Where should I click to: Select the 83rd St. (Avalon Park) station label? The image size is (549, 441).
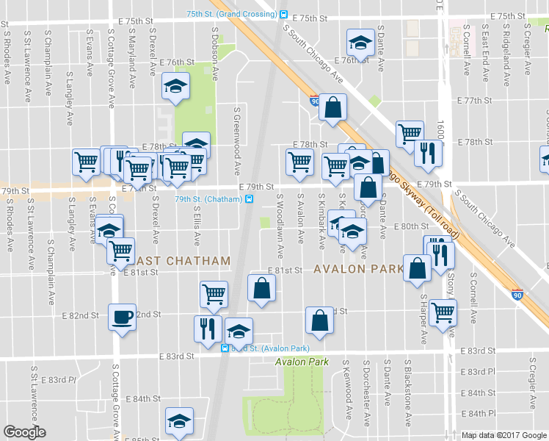point(266,348)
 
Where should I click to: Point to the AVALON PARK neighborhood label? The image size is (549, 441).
point(358,269)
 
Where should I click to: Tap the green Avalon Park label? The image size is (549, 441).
point(298,362)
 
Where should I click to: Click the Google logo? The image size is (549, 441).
point(24,432)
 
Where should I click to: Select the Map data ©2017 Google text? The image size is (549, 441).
point(503,435)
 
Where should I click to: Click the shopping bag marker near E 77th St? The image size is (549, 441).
point(332,107)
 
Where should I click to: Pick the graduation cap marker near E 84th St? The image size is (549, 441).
point(179,420)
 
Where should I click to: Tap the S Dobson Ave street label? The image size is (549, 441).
point(217,54)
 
